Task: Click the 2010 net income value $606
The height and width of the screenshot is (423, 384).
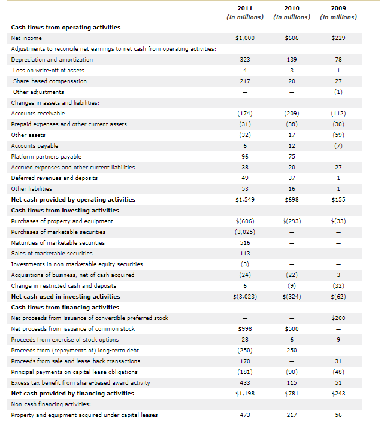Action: [x=292, y=38]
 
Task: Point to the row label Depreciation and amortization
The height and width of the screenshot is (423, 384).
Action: [x=52, y=60]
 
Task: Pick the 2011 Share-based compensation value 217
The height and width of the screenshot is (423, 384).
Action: [x=244, y=81]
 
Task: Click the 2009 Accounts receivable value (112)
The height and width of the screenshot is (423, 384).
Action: [x=338, y=114]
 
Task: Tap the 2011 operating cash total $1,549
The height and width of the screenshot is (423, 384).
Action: [x=244, y=200]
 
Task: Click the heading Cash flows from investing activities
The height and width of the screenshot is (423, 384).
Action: [x=65, y=211]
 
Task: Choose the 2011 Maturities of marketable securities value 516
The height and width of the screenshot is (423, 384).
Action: [x=244, y=243]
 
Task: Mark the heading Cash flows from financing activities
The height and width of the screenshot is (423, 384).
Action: [x=65, y=308]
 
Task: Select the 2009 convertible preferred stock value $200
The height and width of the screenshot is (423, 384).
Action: [x=338, y=318]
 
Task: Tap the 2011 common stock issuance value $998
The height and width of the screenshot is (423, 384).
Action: [x=244, y=329]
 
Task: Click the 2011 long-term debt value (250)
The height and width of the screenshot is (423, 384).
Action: [x=244, y=351]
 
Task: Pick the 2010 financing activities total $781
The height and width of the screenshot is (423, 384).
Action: [x=292, y=394]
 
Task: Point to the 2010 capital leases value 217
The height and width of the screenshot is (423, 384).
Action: [x=292, y=415]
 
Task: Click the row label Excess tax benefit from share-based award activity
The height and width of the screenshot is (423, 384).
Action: [x=81, y=383]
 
